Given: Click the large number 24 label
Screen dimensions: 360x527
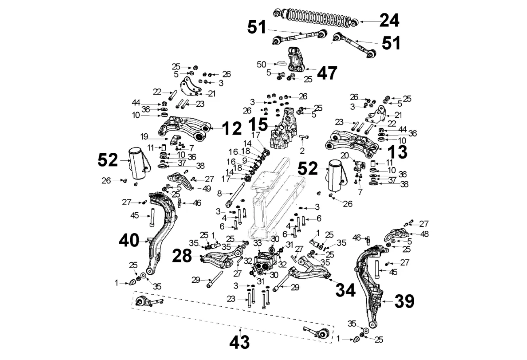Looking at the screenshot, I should point(389,20).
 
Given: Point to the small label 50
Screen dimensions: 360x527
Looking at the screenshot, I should point(261,64).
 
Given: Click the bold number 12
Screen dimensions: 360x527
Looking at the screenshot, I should point(232,128).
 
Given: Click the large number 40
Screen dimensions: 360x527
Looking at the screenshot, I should point(129,241).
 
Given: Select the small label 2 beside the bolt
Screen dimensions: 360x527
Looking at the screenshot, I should point(302,151).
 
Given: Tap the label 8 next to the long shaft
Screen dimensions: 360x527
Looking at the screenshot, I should point(219,194).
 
